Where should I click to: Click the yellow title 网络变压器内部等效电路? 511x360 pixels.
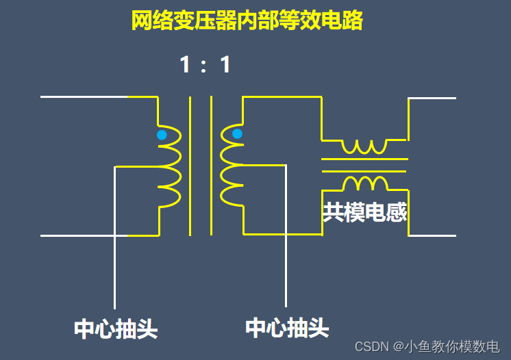[x=247, y=21]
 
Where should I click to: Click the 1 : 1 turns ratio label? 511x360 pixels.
[x=205, y=65]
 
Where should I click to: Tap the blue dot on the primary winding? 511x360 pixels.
[x=162, y=135]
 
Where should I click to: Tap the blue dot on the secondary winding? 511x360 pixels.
[x=237, y=133]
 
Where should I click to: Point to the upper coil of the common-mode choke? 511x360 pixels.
[x=364, y=146]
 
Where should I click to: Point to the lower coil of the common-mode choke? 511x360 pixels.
[x=364, y=183]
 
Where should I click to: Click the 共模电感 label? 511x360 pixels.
[x=364, y=212]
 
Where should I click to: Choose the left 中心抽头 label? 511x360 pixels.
[x=116, y=329]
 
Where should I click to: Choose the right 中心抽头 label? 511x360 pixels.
[x=287, y=328]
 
